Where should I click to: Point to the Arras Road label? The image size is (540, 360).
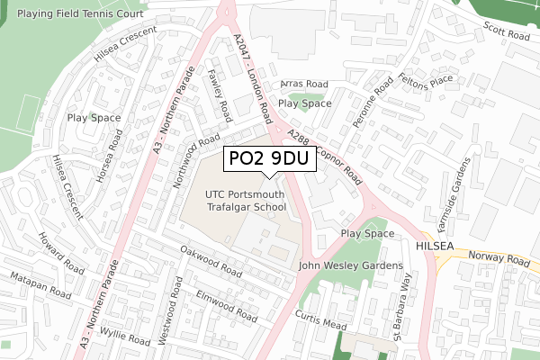point(303,84)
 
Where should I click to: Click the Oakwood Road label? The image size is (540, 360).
point(211,261)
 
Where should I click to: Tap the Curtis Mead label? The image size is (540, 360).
point(320,319)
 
